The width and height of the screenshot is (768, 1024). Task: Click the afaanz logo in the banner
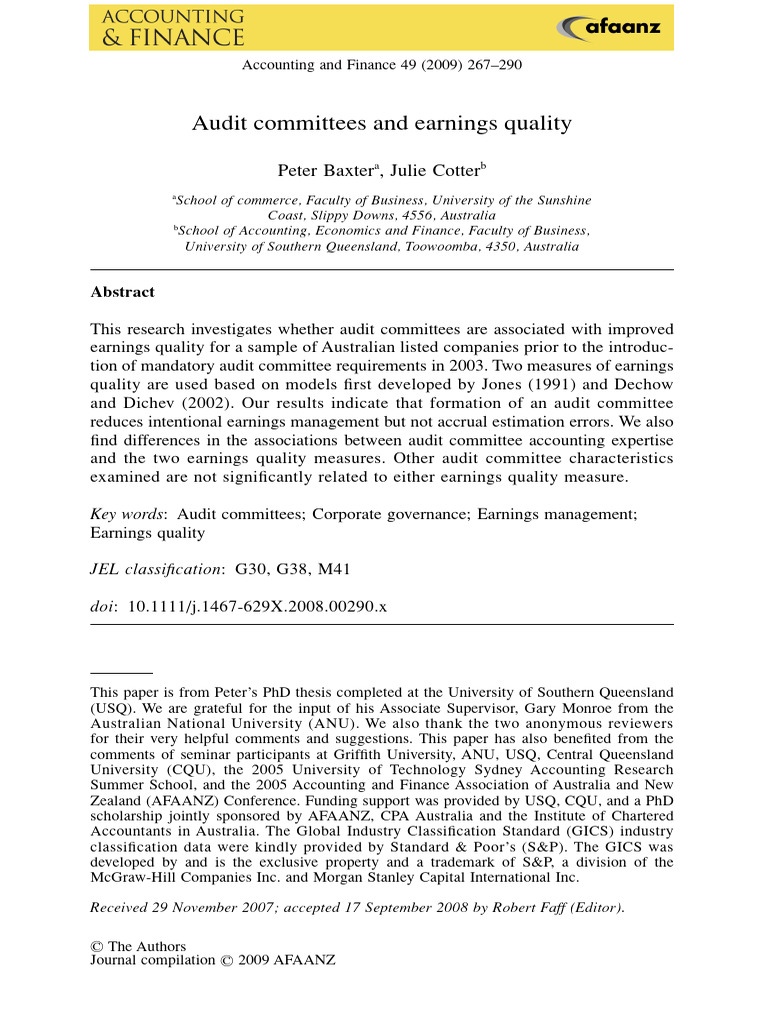tap(610, 27)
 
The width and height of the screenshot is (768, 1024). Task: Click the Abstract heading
tap(122, 292)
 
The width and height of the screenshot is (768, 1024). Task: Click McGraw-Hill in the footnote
tap(130, 878)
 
